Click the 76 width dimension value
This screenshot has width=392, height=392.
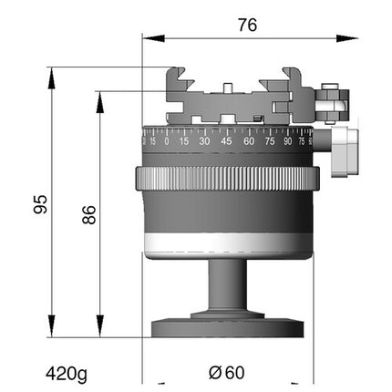pyautogui.click(x=247, y=25)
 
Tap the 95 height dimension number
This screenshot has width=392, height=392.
pyautogui.click(x=40, y=204)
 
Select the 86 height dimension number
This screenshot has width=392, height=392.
pyautogui.click(x=89, y=214)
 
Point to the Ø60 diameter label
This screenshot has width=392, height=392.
pyautogui.click(x=227, y=373)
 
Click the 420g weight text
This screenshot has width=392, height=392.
pyautogui.click(x=67, y=374)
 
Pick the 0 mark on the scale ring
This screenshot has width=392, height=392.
pyautogui.click(x=167, y=141)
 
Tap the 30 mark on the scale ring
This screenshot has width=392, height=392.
pyautogui.click(x=204, y=141)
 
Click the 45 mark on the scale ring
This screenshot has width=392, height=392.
pyautogui.click(x=226, y=141)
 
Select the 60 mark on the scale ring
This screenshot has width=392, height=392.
pyautogui.click(x=249, y=141)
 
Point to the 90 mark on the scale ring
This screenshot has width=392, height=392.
pyautogui.click(x=287, y=141)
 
